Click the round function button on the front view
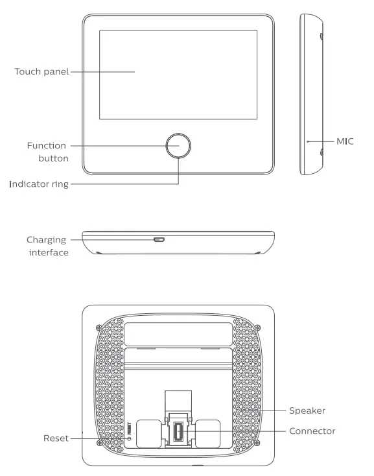coord(178,147)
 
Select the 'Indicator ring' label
coord(38,184)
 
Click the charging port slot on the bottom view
coord(159,239)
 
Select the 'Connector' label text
coord(313,431)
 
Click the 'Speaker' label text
coord(308,410)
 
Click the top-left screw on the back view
coord(98,326)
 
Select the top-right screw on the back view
coord(258,326)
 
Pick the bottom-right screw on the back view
coord(258,444)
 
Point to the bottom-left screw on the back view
coord(98,444)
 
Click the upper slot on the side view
coord(321,37)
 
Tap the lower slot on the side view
coord(321,153)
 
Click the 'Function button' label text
coord(47,151)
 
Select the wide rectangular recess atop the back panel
coord(178,333)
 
